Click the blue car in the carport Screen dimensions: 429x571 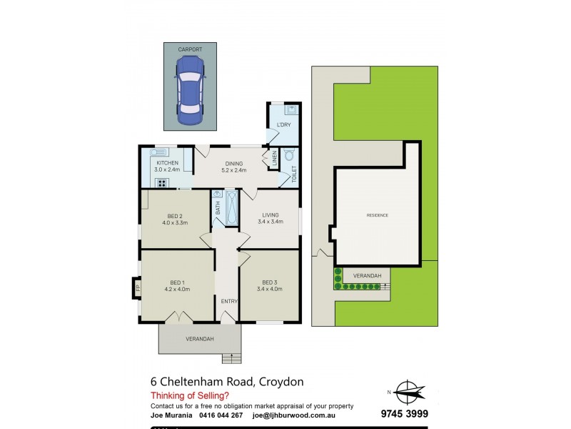(x=190, y=89)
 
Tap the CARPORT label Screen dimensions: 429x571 (x=191, y=49)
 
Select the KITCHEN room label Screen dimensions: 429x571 (x=167, y=163)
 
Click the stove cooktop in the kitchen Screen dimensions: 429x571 (x=161, y=183)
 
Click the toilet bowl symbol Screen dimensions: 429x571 (x=290, y=155)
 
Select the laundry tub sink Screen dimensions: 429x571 (x=290, y=110)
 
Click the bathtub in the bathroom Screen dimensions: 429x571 (x=231, y=208)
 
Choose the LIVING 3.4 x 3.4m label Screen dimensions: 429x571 (x=272, y=217)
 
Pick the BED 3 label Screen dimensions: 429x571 (x=272, y=285)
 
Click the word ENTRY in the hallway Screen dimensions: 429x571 (x=228, y=301)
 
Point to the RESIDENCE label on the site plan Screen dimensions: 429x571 (x=378, y=215)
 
